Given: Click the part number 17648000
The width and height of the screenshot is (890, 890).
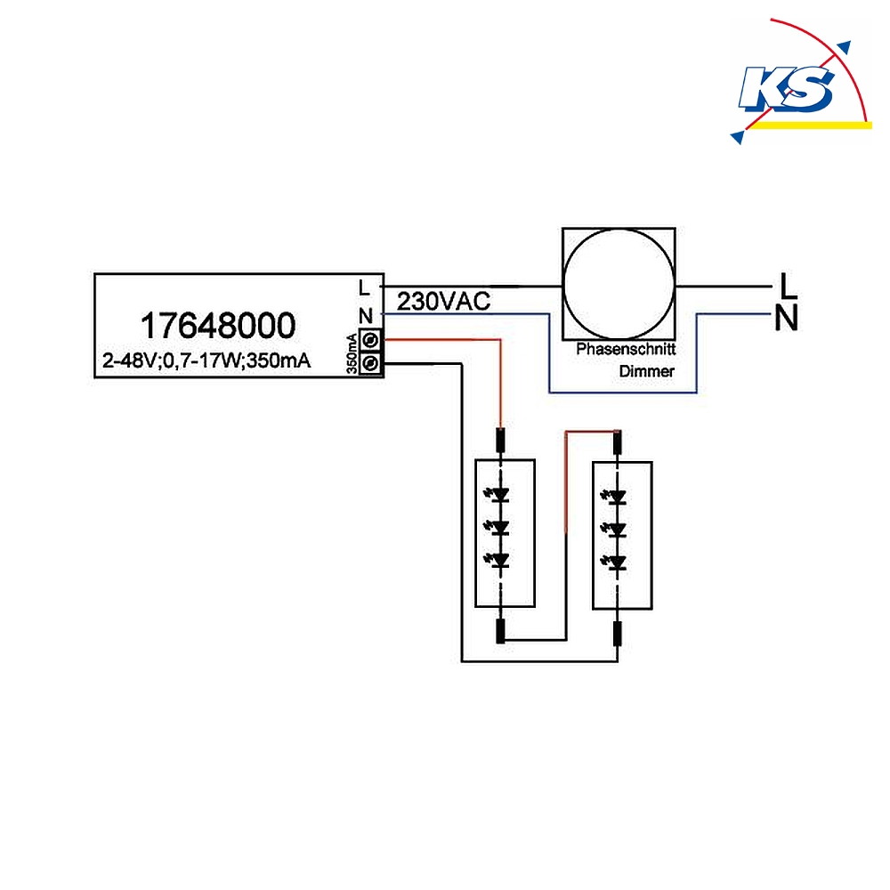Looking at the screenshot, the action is point(218,325).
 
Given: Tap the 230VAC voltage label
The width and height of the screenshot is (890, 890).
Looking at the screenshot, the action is point(443,302).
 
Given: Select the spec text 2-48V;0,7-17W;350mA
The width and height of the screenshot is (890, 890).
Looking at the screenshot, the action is point(206,360).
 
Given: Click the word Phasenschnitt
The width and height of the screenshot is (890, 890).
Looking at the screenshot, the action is point(626,349).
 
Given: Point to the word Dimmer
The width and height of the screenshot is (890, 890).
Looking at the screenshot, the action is point(646,371).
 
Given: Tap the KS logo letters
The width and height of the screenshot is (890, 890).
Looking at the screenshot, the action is point(787,88).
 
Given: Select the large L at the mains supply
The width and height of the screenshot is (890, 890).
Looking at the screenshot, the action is point(788,286).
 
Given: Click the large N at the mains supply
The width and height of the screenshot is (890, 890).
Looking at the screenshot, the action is point(787,318).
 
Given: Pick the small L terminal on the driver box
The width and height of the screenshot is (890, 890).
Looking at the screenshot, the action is point(364,287).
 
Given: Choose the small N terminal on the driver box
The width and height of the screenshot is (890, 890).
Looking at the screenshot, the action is point(366,316).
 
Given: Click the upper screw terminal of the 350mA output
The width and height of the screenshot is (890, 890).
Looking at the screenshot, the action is point(370,341).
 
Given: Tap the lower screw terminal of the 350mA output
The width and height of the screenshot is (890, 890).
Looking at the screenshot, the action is point(370,363).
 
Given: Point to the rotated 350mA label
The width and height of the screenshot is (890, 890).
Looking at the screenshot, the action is point(352,353).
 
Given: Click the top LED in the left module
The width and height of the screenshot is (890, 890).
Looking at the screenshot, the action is point(498,495).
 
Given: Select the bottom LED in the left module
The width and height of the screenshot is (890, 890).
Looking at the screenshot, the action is point(498,561).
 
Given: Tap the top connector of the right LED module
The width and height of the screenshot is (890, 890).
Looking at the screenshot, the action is point(618,442).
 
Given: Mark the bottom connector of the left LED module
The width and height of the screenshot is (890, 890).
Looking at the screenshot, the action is point(500,631).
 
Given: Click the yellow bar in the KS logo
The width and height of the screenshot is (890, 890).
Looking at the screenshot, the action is point(812,125).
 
